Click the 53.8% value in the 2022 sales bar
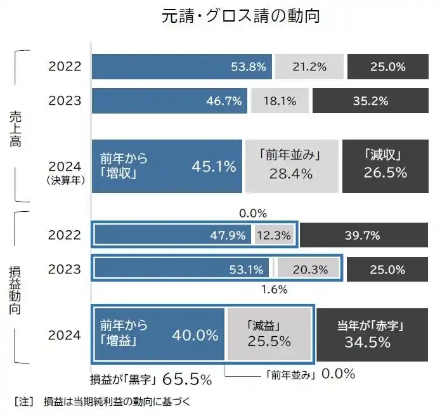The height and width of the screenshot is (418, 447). click(x=248, y=67)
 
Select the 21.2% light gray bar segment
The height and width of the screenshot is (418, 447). click(x=309, y=67)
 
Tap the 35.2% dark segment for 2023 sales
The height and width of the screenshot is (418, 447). click(x=370, y=100)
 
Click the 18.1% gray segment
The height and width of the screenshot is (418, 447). click(x=279, y=100)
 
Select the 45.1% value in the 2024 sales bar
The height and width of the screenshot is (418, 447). click(x=214, y=167)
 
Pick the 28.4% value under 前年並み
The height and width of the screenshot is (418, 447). click(x=291, y=174)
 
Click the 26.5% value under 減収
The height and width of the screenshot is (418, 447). click(x=385, y=173)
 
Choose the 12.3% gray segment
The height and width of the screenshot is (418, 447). click(x=274, y=236)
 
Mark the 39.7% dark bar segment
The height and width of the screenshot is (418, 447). click(x=363, y=236)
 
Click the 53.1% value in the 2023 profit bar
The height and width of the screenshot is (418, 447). click(x=246, y=270)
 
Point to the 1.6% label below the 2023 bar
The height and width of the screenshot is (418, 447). click(x=274, y=290)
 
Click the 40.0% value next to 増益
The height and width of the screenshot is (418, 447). click(x=195, y=335)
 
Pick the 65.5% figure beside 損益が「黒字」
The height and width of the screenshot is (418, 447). click(x=187, y=379)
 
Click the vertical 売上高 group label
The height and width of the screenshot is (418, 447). click(x=16, y=129)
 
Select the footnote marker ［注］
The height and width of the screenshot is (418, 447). click(x=23, y=402)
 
